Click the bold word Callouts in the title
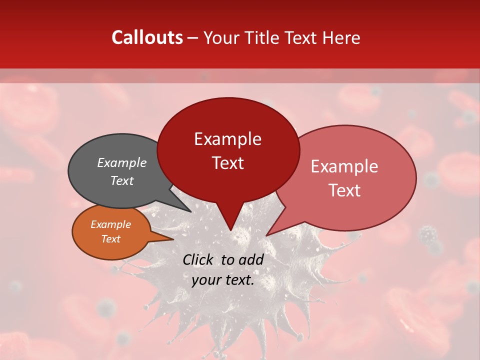(147, 37)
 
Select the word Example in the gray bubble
(122, 162)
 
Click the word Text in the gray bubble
(122, 180)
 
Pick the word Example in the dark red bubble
(227, 139)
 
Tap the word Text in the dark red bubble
(227, 163)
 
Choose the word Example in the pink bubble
(344, 166)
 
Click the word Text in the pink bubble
(344, 190)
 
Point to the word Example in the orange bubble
(110, 224)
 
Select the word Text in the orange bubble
(110, 239)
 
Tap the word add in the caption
(251, 259)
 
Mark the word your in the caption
(206, 280)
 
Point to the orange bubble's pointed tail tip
(173, 239)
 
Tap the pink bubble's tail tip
(266, 235)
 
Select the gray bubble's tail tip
(190, 211)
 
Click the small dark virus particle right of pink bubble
(427, 233)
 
